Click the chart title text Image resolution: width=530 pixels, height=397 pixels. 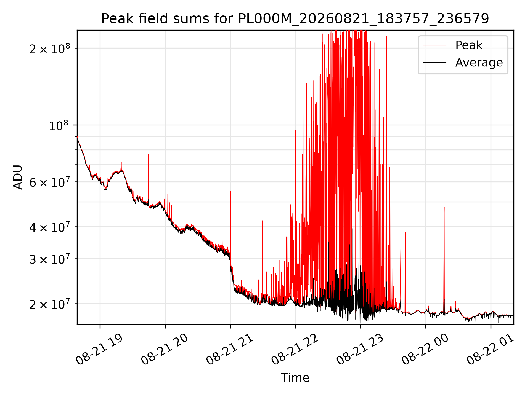tap(295, 19)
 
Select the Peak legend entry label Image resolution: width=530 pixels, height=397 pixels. tap(469, 45)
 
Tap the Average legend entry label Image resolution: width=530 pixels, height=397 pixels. tap(479, 63)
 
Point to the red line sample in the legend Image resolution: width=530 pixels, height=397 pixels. tap(434, 45)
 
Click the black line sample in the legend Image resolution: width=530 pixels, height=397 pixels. tap(434, 63)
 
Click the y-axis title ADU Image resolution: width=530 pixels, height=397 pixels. tap(18, 177)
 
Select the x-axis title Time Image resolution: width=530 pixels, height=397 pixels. tap(295, 378)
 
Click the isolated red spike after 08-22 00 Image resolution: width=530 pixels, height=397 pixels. tap(444, 207)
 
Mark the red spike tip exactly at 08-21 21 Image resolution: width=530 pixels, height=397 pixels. tap(230, 191)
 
